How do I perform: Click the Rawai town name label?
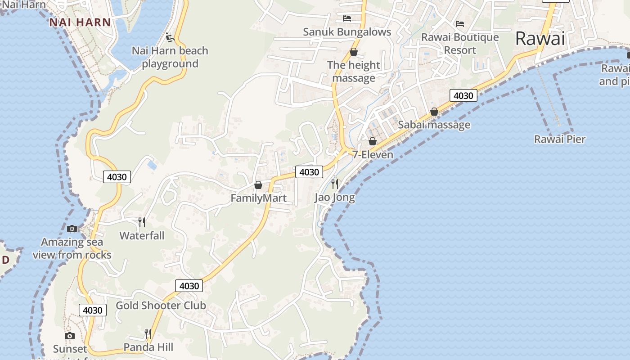click(540, 39)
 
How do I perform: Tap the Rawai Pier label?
click(560, 139)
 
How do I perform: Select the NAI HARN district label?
click(80, 22)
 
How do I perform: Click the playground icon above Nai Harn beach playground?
click(170, 37)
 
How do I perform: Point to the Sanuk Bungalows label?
click(347, 32)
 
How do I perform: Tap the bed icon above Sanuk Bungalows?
click(347, 18)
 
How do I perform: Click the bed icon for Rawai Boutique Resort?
click(460, 24)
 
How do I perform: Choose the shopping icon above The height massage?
click(354, 52)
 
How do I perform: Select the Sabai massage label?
click(434, 125)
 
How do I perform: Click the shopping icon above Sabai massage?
click(434, 112)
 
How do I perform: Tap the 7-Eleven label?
click(373, 154)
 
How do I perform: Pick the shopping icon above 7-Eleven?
click(373, 141)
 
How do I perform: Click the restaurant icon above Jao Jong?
click(335, 184)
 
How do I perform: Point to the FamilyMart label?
click(258, 198)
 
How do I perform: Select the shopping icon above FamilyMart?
click(258, 185)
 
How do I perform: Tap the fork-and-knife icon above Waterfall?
click(142, 222)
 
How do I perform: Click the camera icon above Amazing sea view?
click(72, 229)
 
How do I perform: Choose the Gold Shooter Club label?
click(161, 306)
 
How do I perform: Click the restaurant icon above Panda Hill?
click(148, 333)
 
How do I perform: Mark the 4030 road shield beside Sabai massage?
click(463, 95)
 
